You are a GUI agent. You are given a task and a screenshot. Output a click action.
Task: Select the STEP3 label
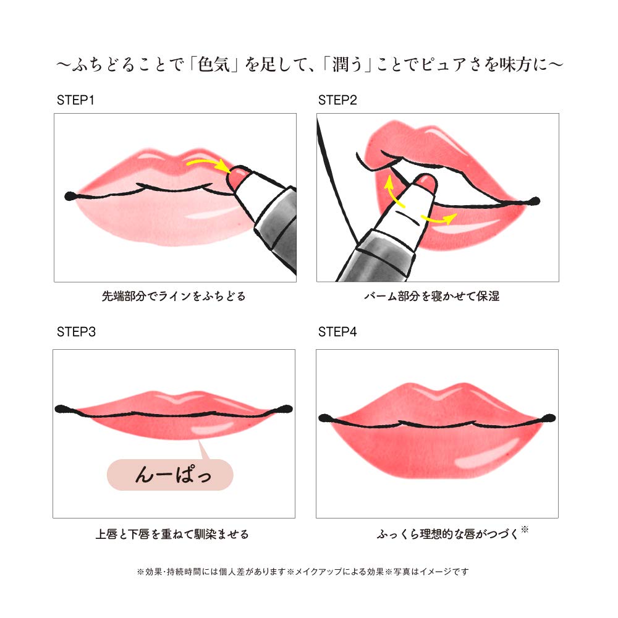76,332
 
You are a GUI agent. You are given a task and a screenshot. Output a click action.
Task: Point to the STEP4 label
337,332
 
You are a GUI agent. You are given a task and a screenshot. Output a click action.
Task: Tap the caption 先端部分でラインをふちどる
174,296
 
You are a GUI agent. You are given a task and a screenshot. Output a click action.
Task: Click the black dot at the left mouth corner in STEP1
69,196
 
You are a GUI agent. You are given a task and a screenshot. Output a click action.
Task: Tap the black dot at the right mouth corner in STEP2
535,201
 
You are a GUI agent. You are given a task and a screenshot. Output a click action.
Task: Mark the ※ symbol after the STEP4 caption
525,529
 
